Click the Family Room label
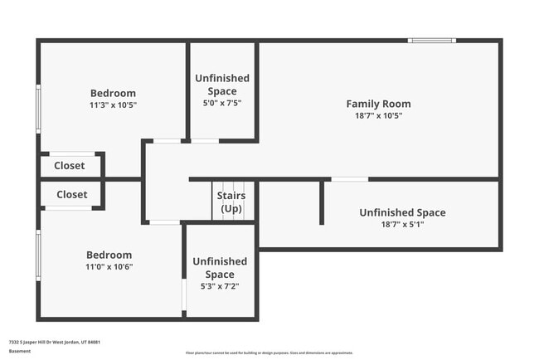click(x=378, y=104)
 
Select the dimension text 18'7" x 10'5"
click(x=378, y=116)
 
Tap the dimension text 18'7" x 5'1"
click(x=402, y=225)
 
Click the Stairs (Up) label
click(x=231, y=202)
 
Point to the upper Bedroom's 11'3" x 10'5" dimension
click(x=113, y=105)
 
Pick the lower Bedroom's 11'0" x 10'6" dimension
click(x=109, y=267)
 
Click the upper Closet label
click(x=70, y=165)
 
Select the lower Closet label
click(x=71, y=194)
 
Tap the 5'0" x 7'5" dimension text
click(x=221, y=104)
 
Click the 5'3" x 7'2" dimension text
click(x=220, y=287)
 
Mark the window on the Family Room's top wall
click(x=431, y=40)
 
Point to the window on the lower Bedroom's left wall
click(x=38, y=255)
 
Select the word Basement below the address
click(x=19, y=351)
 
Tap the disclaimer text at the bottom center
click(x=269, y=353)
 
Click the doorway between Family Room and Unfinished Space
click(x=349, y=178)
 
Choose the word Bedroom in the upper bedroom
click(x=113, y=93)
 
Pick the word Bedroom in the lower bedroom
click(x=109, y=255)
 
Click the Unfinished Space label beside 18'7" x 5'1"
click(x=402, y=212)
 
